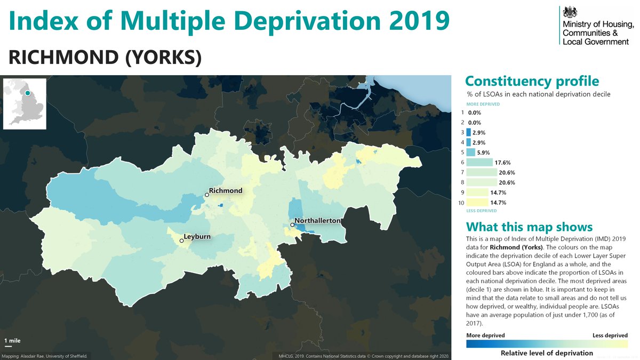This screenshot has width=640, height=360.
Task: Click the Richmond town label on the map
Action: point(226,190)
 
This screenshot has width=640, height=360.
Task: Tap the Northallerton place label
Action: point(317,220)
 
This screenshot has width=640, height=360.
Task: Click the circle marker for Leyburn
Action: point(182,241)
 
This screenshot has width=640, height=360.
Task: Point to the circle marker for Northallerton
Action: point(292,225)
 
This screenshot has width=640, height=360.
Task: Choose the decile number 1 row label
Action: point(462,113)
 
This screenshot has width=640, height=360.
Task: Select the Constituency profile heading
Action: point(532,81)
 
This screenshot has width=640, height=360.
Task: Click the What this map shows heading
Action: point(529,227)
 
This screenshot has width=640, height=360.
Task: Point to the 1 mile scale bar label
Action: point(12,340)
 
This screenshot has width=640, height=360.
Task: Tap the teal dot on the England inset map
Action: point(27,93)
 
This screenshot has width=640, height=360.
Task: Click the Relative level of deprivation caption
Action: point(547,353)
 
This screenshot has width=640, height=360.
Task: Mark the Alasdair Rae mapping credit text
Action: point(45,356)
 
